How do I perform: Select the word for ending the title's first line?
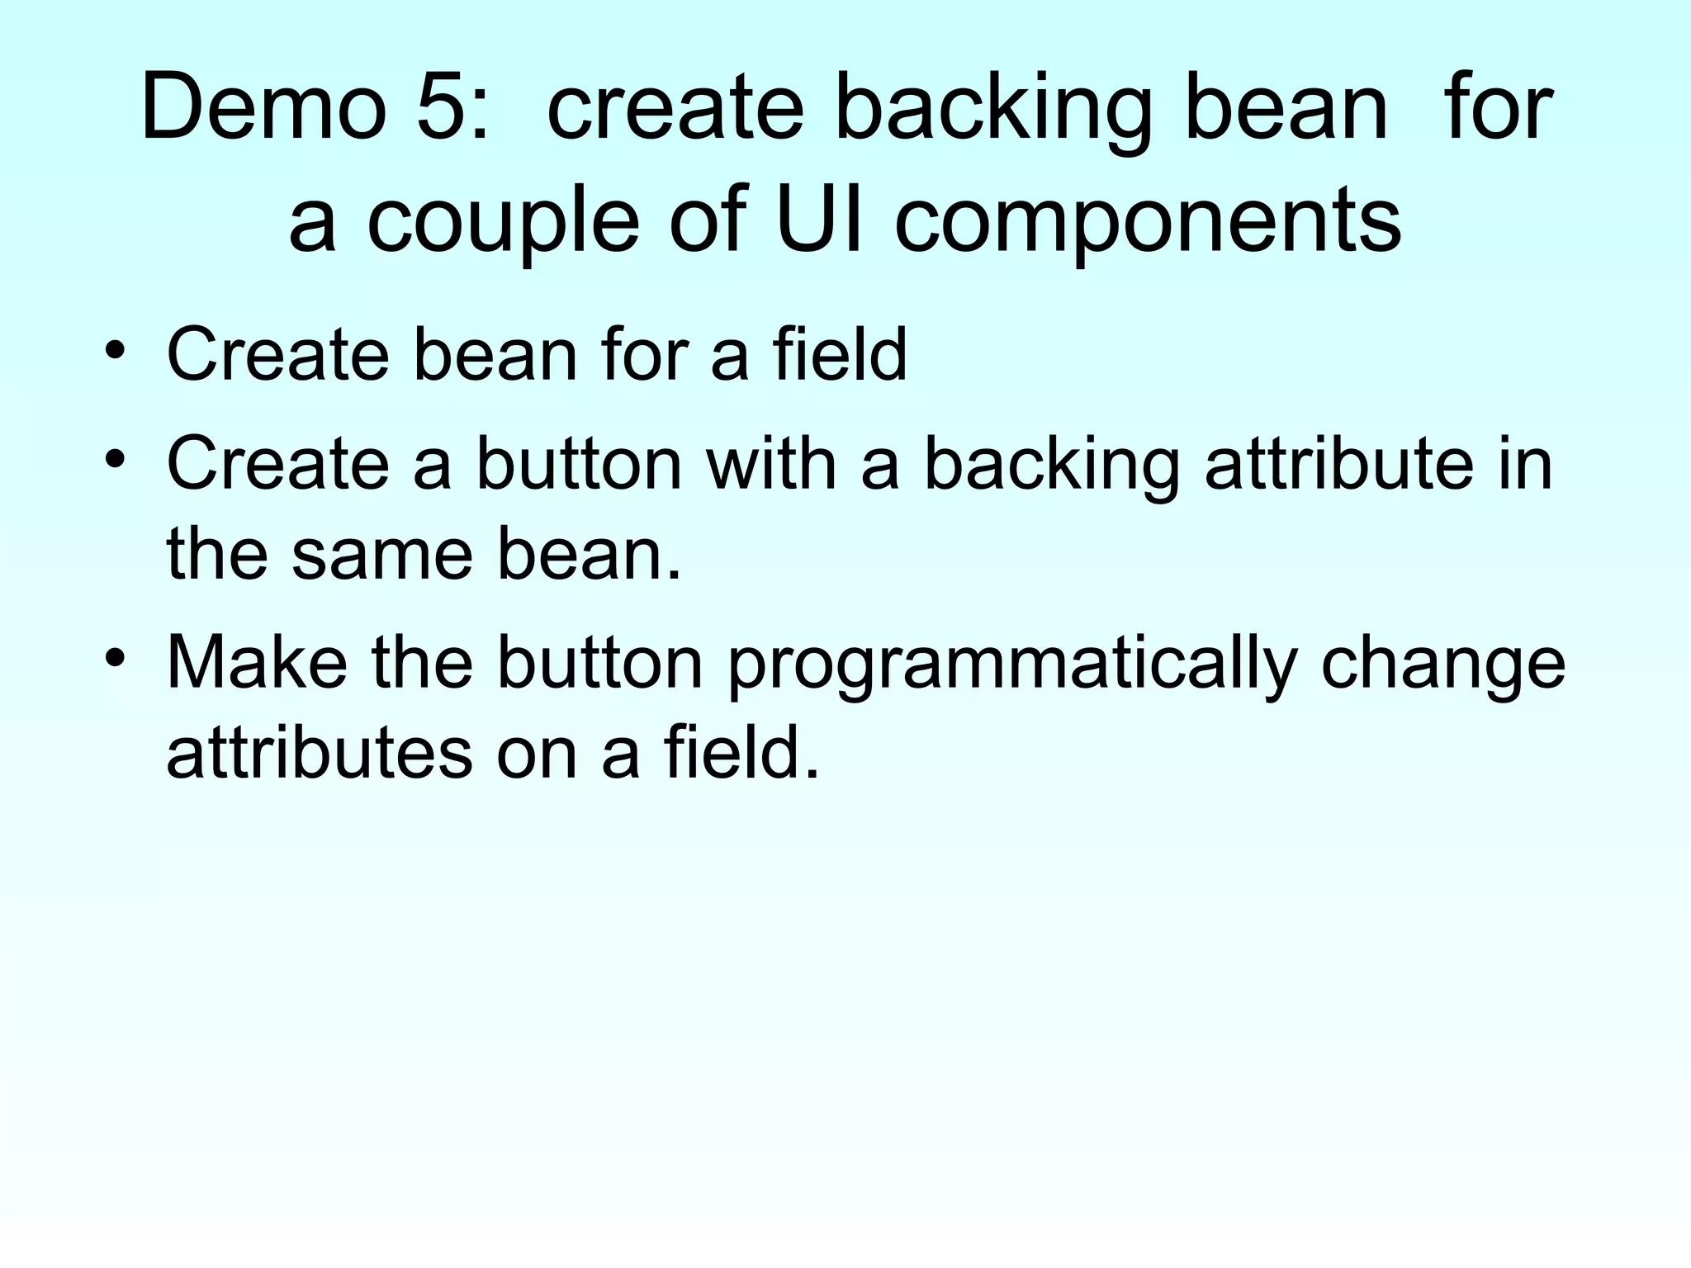click(x=1498, y=108)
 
